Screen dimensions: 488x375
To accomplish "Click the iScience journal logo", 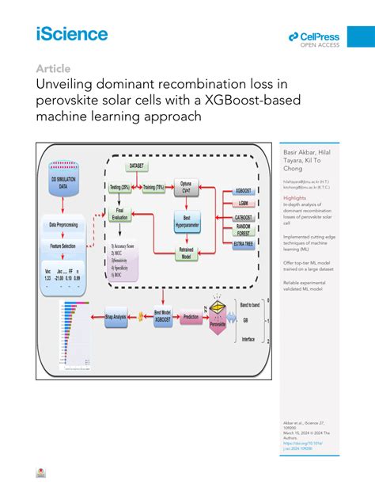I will click(71, 34).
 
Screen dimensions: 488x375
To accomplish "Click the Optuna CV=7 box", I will click(187, 187).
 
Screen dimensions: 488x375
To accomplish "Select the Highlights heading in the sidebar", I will click(294, 198).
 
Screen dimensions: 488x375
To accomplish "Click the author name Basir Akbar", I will click(297, 150).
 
